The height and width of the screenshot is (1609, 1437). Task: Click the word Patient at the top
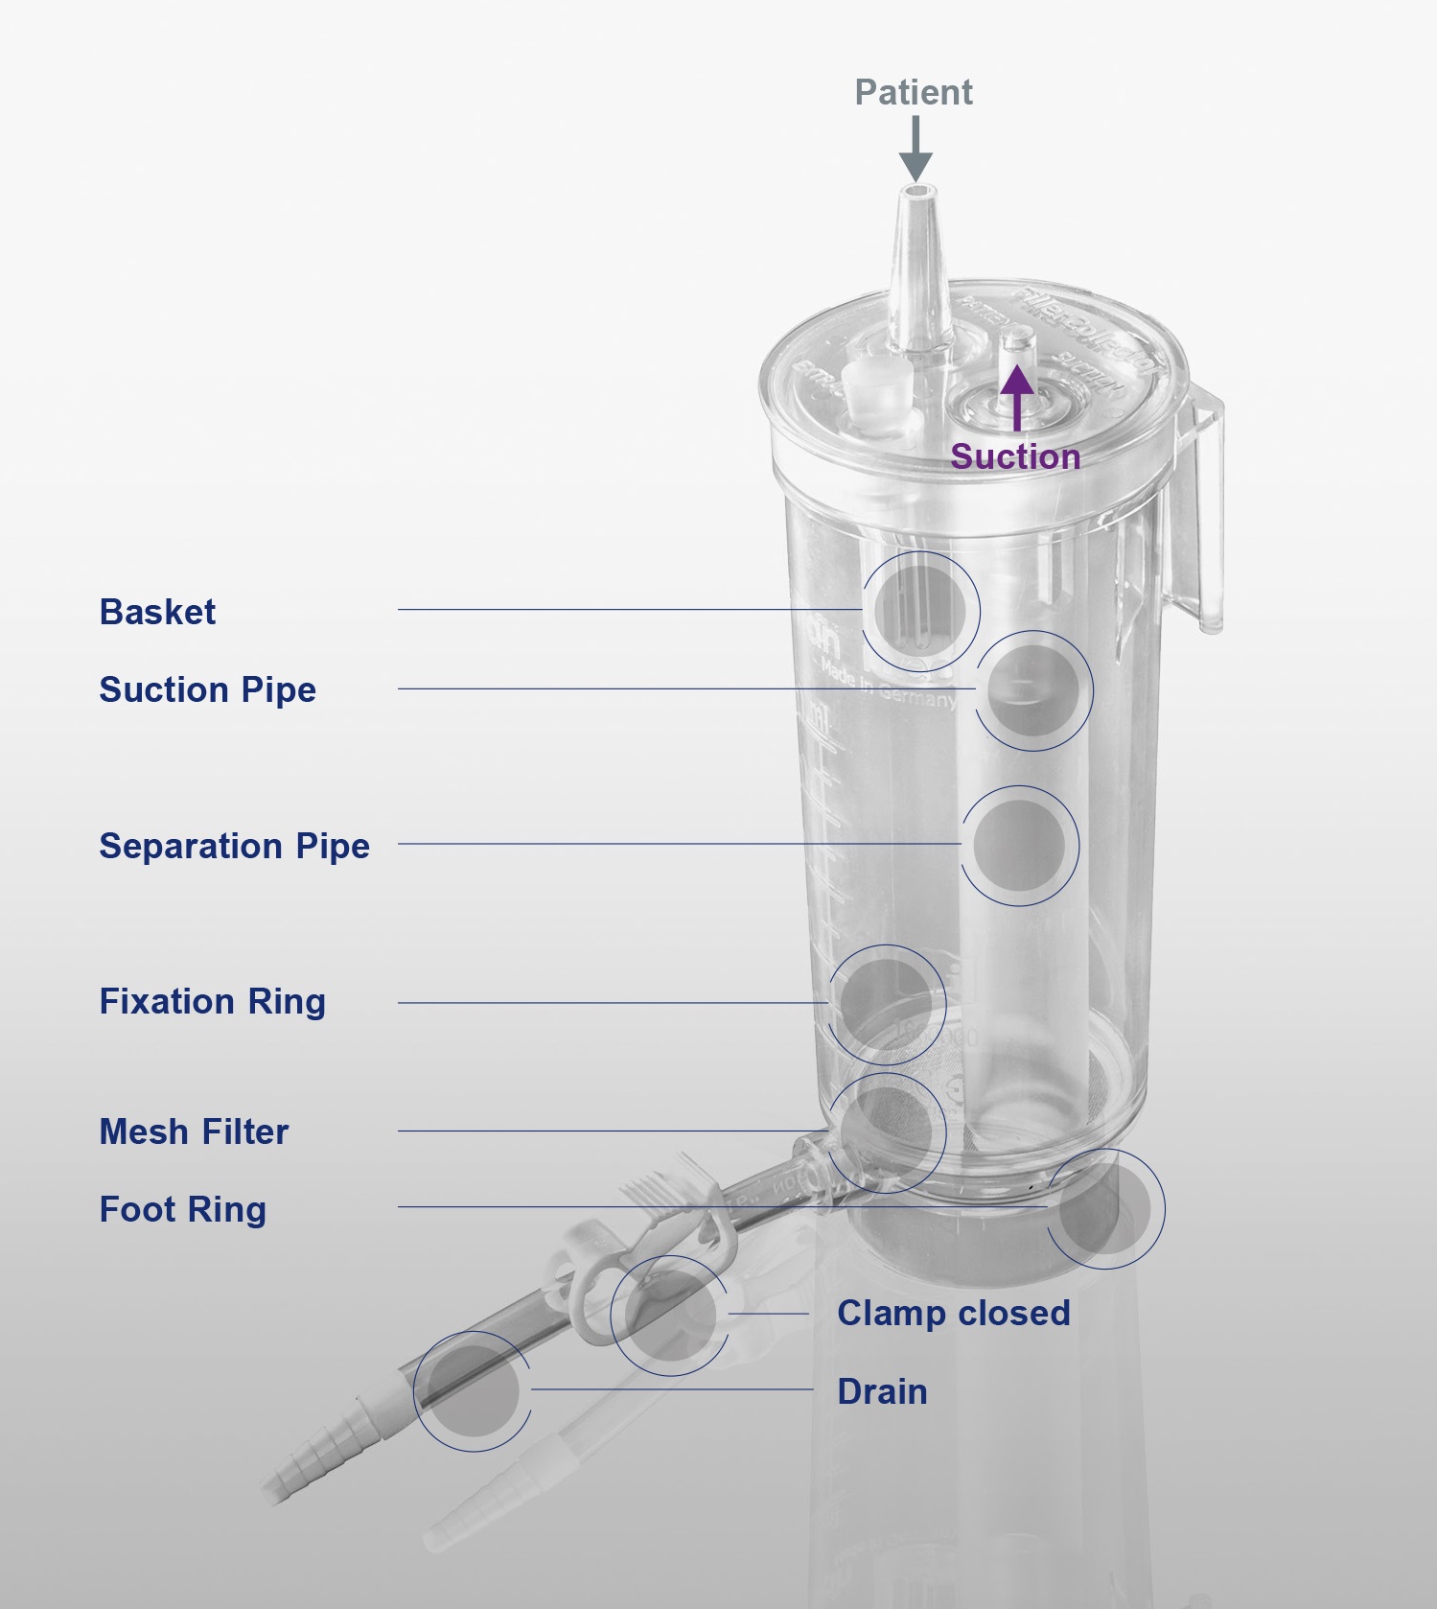click(913, 93)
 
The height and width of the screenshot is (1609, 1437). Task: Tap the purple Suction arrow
click(1017, 398)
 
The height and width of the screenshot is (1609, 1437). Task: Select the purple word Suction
click(1015, 456)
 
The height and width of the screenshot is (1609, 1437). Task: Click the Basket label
click(158, 612)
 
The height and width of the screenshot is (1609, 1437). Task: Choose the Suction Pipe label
click(207, 689)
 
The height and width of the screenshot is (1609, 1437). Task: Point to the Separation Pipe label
click(234, 846)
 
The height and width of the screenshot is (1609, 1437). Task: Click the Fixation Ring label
click(212, 1001)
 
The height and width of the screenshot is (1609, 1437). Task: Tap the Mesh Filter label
click(194, 1131)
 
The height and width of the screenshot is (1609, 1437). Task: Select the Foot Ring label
click(182, 1209)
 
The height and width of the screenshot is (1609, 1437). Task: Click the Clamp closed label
click(953, 1313)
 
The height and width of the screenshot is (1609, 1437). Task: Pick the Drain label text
click(882, 1391)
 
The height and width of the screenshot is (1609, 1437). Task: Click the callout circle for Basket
click(920, 611)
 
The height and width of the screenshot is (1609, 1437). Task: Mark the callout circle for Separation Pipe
click(1019, 846)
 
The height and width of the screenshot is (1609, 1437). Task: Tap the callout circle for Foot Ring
click(1105, 1209)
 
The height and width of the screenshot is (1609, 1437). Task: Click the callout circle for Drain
click(473, 1391)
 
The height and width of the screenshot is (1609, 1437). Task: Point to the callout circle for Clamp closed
click(670, 1315)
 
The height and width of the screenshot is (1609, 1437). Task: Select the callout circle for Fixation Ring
click(887, 1003)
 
